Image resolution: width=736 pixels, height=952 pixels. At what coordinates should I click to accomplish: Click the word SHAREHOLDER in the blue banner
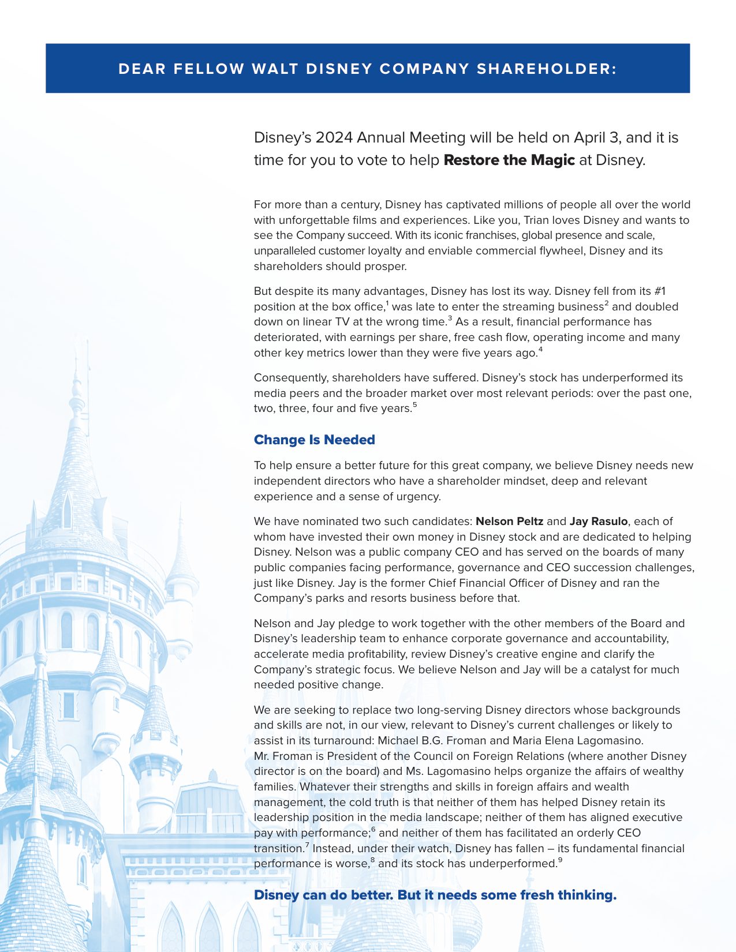[x=547, y=69]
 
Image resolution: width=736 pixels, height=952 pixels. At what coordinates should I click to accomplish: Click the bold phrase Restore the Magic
[x=509, y=160]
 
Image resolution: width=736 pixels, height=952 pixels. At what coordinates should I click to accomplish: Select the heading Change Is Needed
[x=314, y=440]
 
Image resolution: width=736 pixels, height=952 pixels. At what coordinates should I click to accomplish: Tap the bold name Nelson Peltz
[x=509, y=522]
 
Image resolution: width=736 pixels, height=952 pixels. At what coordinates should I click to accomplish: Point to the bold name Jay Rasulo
[x=598, y=522]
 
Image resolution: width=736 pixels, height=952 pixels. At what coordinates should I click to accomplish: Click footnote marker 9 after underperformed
[x=560, y=861]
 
